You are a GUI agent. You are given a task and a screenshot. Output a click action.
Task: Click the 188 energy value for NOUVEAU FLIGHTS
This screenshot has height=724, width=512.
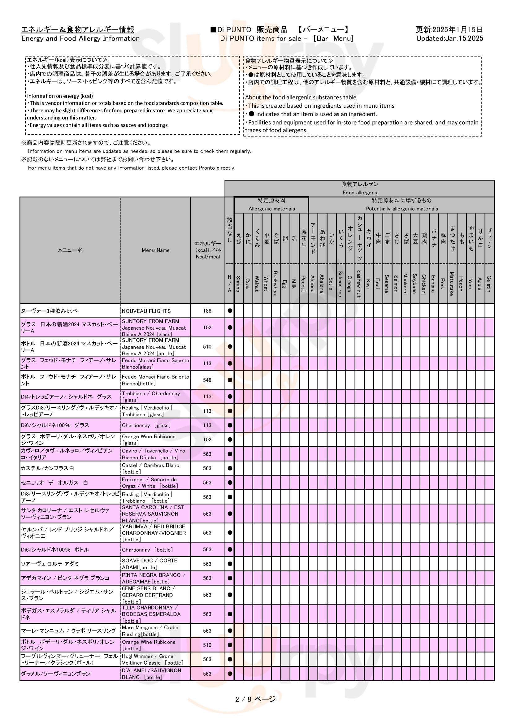[207, 311]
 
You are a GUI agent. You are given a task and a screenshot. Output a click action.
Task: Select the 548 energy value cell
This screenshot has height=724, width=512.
[207, 380]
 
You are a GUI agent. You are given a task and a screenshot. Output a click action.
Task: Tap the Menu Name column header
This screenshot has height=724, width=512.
[155, 250]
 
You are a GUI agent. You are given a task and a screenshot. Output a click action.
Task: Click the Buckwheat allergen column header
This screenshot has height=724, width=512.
[276, 284]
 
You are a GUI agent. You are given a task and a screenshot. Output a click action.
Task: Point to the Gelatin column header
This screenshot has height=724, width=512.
[489, 284]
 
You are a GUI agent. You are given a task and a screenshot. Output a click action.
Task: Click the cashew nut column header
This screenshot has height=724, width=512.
[359, 284]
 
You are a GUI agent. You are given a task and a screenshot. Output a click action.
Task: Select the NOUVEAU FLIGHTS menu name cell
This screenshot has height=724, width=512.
[146, 311]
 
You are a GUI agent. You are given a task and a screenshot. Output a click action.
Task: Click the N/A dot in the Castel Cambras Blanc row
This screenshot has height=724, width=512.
[230, 468]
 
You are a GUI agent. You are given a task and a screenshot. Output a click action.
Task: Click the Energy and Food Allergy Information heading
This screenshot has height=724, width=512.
[80, 38]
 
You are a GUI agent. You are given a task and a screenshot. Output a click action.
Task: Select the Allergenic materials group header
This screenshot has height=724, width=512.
[271, 208]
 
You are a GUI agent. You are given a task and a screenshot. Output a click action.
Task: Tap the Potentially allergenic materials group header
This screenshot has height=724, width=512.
[401, 208]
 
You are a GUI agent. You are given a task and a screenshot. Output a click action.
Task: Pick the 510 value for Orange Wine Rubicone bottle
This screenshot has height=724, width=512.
[207, 645]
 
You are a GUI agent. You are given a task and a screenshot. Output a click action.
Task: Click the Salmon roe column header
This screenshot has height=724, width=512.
[340, 284]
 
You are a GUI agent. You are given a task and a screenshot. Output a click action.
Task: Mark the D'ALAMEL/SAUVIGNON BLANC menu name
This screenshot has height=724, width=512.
[151, 674]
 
